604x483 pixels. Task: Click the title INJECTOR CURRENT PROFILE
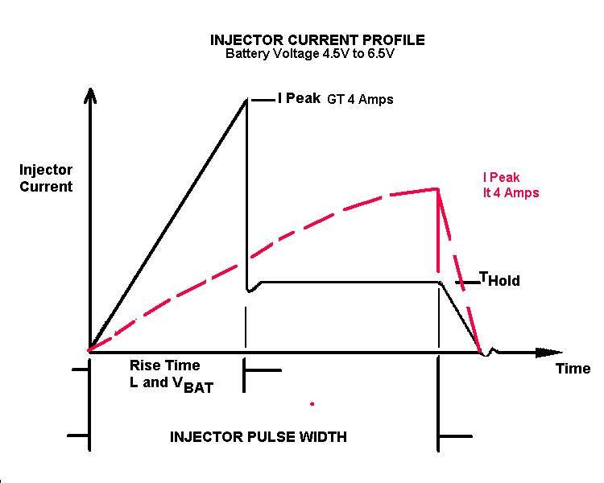(316, 39)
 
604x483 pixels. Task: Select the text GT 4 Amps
(360, 100)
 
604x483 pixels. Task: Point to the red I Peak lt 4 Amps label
(511, 185)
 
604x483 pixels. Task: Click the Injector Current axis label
(47, 178)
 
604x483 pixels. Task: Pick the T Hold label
(499, 280)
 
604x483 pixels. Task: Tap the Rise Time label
(164, 365)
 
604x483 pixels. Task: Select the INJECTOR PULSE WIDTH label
(259, 438)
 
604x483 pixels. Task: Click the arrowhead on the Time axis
(550, 352)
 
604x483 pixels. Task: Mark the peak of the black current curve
(246, 99)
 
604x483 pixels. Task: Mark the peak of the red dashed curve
(437, 188)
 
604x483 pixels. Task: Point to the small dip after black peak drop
(250, 291)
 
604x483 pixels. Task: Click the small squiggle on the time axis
(490, 352)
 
